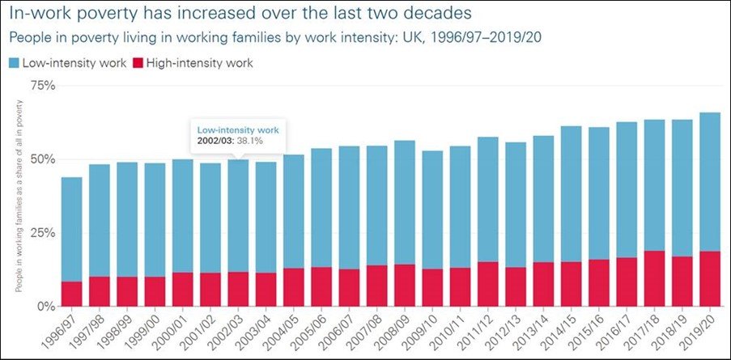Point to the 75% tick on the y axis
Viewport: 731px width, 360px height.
41,86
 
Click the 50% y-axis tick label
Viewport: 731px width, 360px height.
41,159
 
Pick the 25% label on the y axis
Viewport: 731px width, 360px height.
41,233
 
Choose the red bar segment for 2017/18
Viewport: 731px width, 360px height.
654,279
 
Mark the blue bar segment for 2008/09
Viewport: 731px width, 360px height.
404,202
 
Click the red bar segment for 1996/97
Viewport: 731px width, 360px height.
71,294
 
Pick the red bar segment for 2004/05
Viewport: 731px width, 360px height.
293,287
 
